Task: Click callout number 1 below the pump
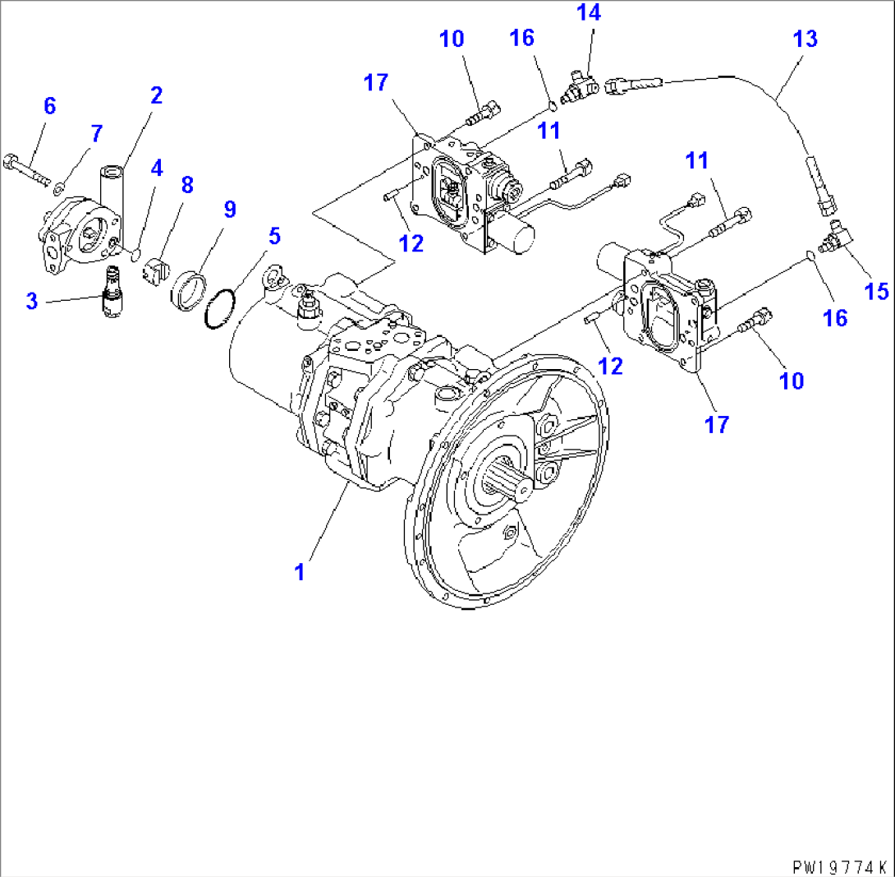(301, 571)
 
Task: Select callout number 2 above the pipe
(156, 95)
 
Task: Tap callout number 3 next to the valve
(32, 301)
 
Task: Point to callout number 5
(273, 237)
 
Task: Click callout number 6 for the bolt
(49, 105)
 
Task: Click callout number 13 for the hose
(805, 39)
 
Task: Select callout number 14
(588, 13)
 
